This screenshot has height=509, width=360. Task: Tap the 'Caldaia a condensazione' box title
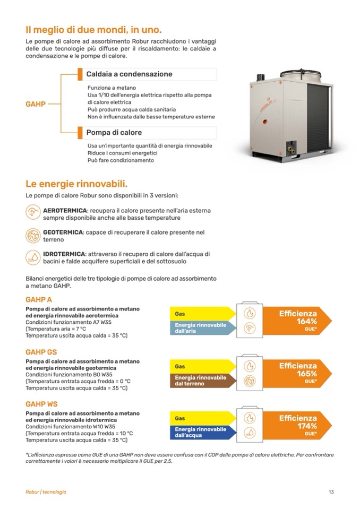[x=129, y=74]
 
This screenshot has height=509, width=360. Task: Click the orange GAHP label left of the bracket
[x=36, y=104]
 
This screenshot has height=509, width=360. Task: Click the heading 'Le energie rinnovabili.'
[x=76, y=184]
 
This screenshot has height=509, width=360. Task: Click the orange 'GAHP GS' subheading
[x=41, y=352]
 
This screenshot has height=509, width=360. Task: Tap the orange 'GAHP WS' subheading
[x=41, y=404]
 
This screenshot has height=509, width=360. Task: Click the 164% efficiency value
[x=306, y=322]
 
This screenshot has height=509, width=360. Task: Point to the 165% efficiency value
[x=306, y=374]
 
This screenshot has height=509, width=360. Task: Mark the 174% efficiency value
[x=306, y=426]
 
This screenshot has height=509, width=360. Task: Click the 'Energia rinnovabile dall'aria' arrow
[x=199, y=328]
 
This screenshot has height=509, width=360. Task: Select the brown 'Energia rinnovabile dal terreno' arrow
[x=199, y=380]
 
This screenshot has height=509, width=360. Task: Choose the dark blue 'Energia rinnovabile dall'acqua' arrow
[x=199, y=432]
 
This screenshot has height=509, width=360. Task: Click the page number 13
[x=331, y=492]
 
